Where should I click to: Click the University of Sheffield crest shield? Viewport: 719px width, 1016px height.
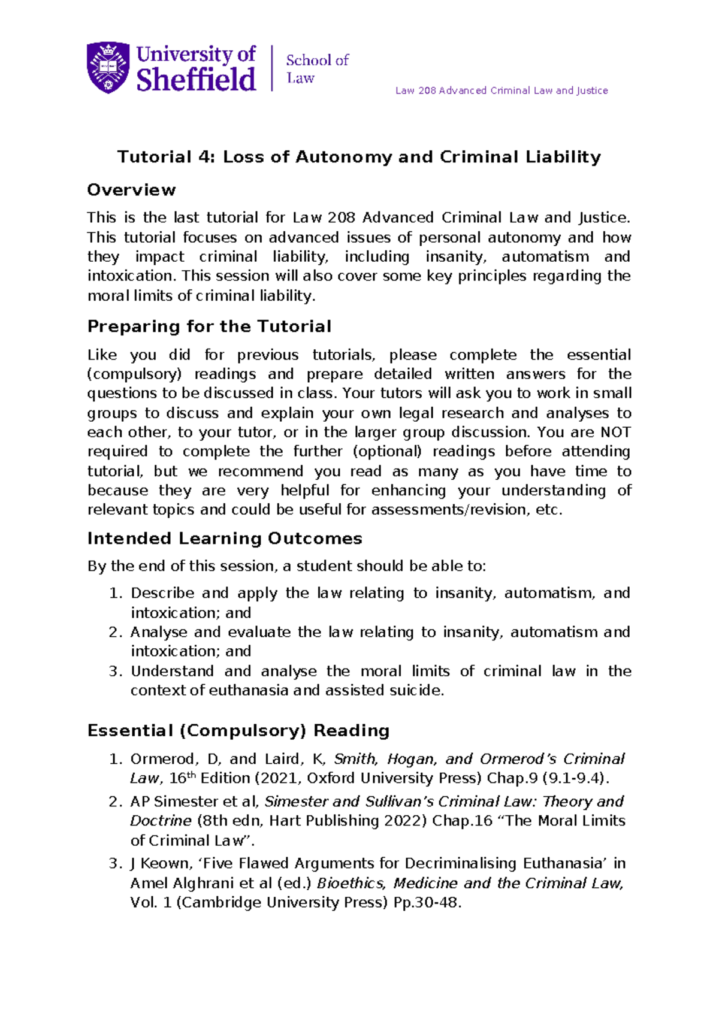[108, 67]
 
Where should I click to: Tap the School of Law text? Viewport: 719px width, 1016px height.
[317, 68]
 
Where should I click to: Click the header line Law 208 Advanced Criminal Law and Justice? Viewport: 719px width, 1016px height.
[502, 90]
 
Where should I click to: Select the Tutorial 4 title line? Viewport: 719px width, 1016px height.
[359, 157]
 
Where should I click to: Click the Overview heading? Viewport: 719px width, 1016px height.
[131, 190]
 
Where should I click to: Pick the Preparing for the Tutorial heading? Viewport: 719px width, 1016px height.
[209, 326]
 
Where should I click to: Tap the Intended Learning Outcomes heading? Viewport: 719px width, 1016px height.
[225, 539]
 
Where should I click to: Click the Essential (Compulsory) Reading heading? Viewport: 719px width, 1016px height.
[238, 731]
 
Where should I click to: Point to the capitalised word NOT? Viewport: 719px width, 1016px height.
[615, 432]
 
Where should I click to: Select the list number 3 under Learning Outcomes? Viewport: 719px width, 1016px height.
[115, 671]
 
